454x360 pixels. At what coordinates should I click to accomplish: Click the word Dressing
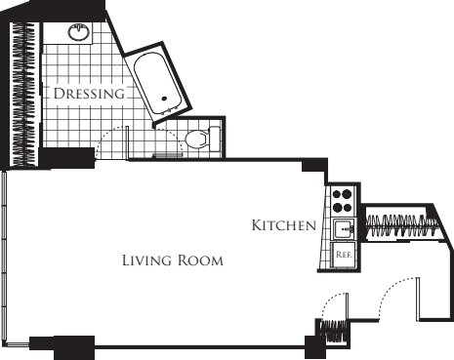coord(89,95)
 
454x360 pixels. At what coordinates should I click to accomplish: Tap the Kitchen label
coord(283,225)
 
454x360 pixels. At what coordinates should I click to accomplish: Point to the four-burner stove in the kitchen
coord(343,201)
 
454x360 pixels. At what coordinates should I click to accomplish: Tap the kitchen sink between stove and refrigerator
coord(344,229)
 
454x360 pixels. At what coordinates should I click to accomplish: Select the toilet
coord(197,139)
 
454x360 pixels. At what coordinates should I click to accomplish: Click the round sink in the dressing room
coord(79,33)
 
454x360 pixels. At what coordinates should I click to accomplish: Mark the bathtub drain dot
coord(164,98)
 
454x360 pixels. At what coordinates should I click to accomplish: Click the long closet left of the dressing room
coord(22,93)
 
